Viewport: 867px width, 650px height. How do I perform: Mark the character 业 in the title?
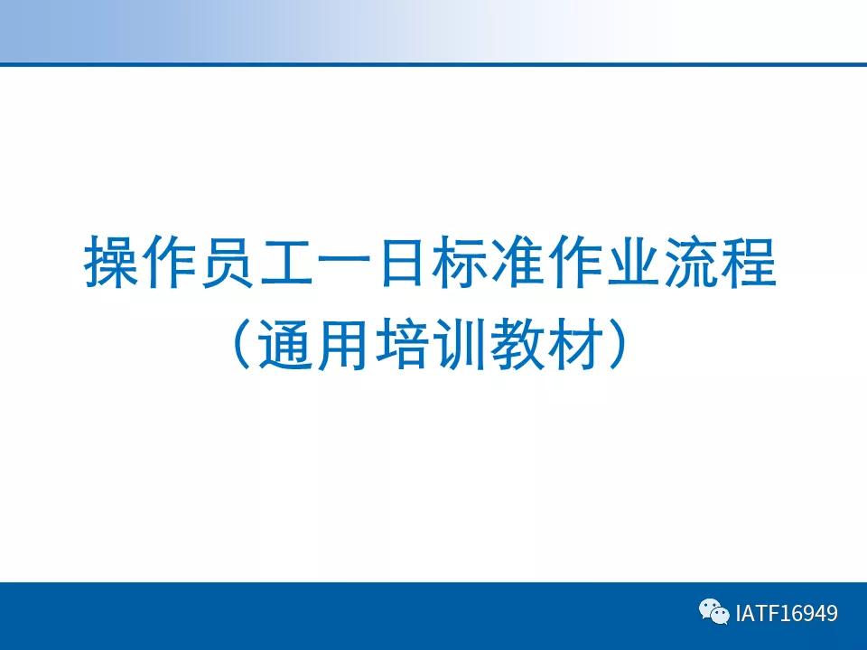pyautogui.click(x=632, y=263)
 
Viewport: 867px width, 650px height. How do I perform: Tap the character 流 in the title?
pyautogui.click(x=690, y=263)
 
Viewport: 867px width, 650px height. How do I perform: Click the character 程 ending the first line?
pyautogui.click(x=749, y=263)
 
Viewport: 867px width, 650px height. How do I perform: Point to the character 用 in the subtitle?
pyautogui.click(x=341, y=345)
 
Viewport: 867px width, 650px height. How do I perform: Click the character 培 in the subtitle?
pyautogui.click(x=399, y=345)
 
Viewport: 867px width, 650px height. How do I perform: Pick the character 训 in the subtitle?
pyautogui.click(x=457, y=345)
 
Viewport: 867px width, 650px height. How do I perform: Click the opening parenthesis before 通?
pyautogui.click(x=241, y=345)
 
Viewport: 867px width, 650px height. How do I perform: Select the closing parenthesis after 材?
pyautogui.click(x=615, y=345)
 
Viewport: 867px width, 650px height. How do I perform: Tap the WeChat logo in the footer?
pyautogui.click(x=713, y=613)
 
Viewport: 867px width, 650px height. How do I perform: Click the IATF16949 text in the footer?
pyautogui.click(x=787, y=614)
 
